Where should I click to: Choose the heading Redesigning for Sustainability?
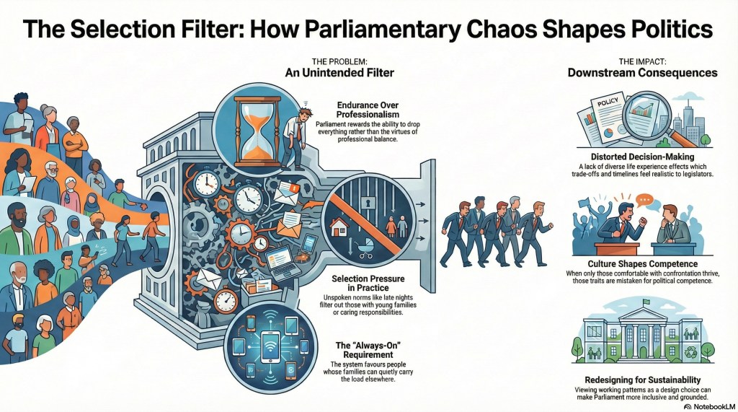[x=641, y=380]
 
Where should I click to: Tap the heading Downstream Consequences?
[x=642, y=72]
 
